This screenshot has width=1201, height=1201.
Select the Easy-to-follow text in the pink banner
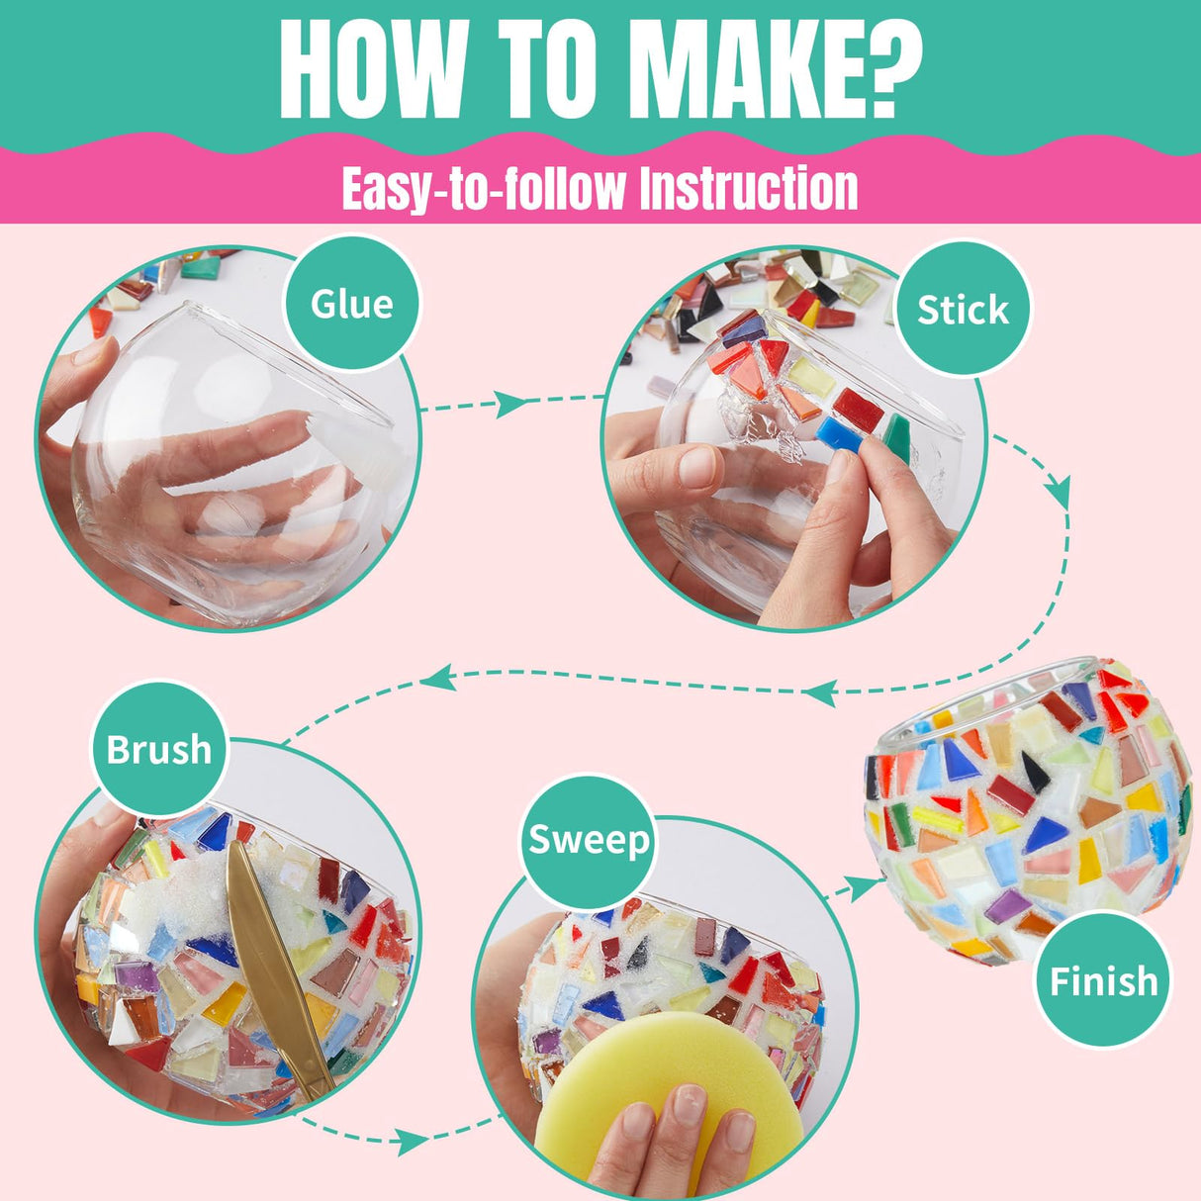483,188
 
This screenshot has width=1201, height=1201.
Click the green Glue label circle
352,304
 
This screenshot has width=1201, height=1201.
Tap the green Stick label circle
963,310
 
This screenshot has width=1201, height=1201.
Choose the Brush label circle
159,749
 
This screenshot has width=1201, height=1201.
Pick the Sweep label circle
589,841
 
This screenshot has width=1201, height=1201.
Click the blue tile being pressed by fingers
839,434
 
